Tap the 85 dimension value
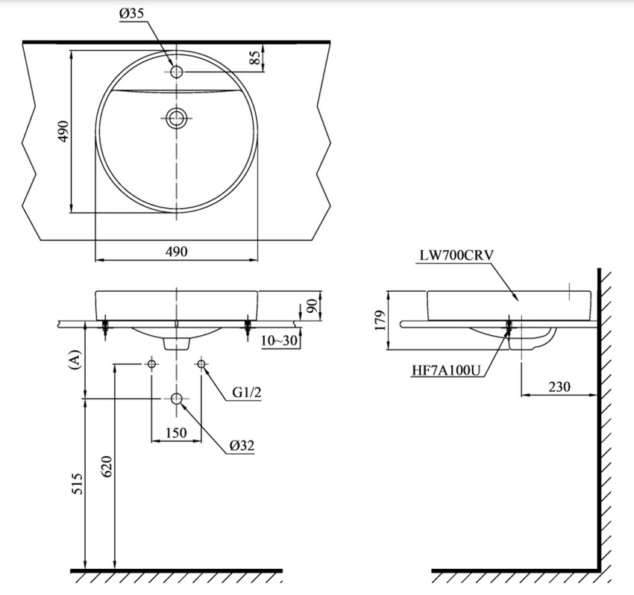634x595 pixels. click(255, 58)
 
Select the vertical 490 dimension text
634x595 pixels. click(63, 131)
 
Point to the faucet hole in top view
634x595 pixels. click(178, 72)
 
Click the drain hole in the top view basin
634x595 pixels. click(177, 117)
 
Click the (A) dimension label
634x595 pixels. click(73, 361)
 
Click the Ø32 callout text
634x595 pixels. click(242, 446)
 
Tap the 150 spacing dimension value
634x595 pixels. click(176, 432)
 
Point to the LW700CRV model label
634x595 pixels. click(456, 255)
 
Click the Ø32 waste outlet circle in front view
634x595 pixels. click(177, 399)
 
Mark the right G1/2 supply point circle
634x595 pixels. click(201, 364)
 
